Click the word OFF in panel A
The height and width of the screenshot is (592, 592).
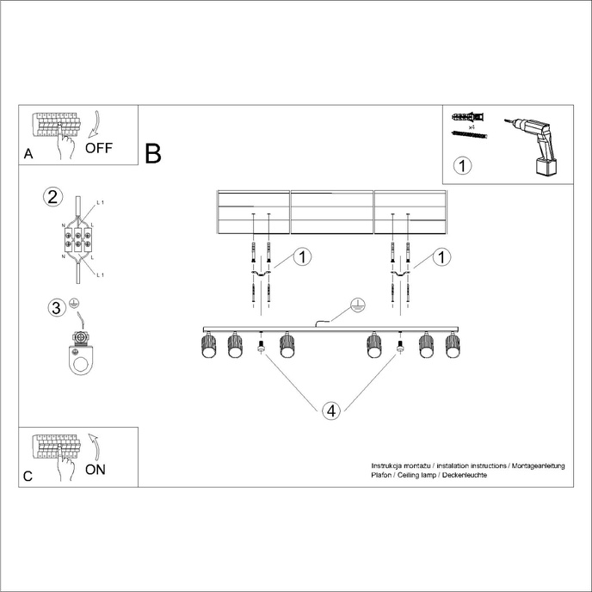click(x=98, y=147)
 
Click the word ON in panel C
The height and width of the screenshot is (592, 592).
click(x=96, y=470)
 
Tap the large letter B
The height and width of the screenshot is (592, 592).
click(x=153, y=154)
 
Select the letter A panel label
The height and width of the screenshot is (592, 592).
click(x=28, y=156)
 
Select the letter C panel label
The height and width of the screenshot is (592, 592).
click(x=28, y=477)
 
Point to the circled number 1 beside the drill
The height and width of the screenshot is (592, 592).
click(x=463, y=165)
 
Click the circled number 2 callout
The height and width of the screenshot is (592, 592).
click(x=52, y=195)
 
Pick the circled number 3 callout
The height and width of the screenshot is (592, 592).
click(x=55, y=307)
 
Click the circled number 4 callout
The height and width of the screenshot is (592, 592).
click(x=332, y=410)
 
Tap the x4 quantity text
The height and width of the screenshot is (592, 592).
click(x=472, y=126)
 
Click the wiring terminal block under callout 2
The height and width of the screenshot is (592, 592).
click(x=77, y=237)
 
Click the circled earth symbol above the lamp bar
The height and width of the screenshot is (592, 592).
click(x=358, y=306)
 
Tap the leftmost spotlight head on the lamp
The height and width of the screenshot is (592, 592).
click(x=207, y=346)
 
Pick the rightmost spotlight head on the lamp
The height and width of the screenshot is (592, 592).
click(x=453, y=346)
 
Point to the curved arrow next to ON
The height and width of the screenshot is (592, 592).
click(x=95, y=447)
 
